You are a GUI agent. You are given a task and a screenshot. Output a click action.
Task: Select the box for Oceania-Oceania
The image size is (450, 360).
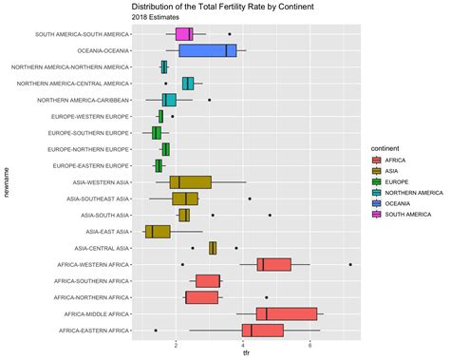[x=207, y=50]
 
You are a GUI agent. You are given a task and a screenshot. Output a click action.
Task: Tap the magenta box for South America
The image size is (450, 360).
[x=184, y=34]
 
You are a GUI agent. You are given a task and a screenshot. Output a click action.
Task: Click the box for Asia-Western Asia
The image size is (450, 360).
[x=190, y=181]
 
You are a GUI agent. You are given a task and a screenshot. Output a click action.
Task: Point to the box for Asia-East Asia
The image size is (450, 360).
[x=157, y=231]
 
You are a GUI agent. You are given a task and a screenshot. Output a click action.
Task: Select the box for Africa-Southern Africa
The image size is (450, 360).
[x=208, y=280]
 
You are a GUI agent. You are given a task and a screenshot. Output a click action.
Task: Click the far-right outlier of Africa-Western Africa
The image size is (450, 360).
[x=350, y=264]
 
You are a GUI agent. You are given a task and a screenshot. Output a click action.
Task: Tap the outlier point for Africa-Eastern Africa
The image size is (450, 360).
[x=156, y=330]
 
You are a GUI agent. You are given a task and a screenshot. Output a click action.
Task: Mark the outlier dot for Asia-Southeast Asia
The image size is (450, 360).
[x=249, y=199]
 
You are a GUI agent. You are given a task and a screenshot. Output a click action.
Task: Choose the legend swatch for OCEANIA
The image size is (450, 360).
[x=377, y=202]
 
